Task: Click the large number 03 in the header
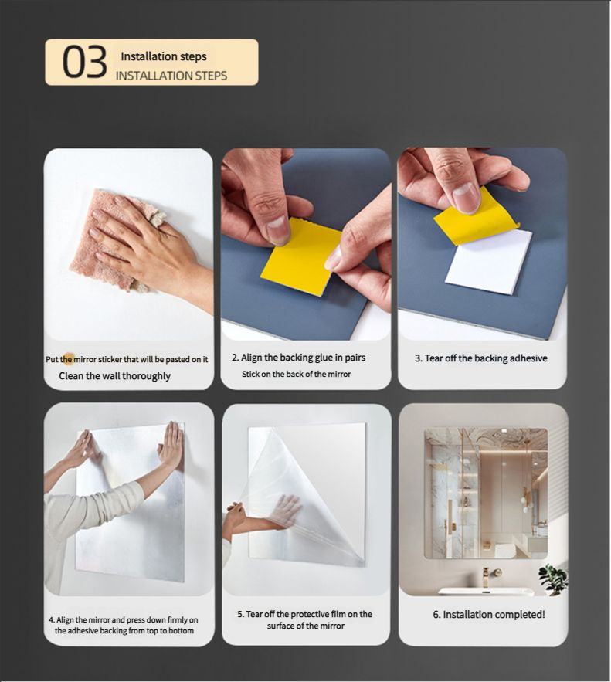[x=84, y=63]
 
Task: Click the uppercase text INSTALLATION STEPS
[x=171, y=76]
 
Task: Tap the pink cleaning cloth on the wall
[x=115, y=239]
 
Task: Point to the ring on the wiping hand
[x=158, y=218]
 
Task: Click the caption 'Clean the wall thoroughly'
[x=115, y=376]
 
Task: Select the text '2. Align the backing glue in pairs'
[x=298, y=358]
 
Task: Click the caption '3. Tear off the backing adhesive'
[x=481, y=358]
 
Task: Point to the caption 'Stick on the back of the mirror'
[x=296, y=374]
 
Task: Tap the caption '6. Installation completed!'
[x=489, y=615]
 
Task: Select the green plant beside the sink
[x=552, y=579]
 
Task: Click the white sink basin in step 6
[x=486, y=592]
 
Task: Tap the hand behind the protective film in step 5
[x=285, y=509]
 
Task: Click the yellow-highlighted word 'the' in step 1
[x=67, y=359]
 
